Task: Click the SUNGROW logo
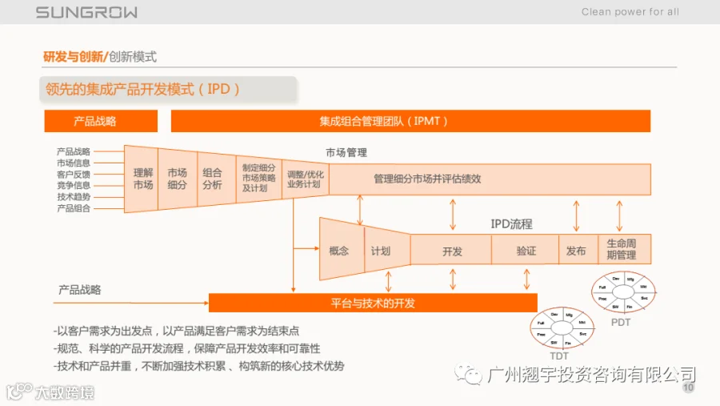[x=86, y=12]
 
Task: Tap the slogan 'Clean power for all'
[x=630, y=12]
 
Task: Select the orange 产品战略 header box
[x=95, y=121]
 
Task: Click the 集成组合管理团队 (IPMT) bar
[x=410, y=121]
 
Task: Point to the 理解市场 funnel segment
[x=142, y=179]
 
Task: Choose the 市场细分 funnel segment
[x=177, y=179]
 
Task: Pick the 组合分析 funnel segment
[x=212, y=179]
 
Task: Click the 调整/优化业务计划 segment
[x=304, y=179]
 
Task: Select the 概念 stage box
[x=339, y=251]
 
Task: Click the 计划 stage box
[x=381, y=251]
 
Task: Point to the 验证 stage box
[x=526, y=251]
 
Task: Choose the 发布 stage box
[x=576, y=251]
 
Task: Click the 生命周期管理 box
[x=622, y=250]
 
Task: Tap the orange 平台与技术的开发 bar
[x=373, y=303]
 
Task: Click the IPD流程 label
[x=511, y=224]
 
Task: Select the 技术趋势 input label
[x=74, y=197]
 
